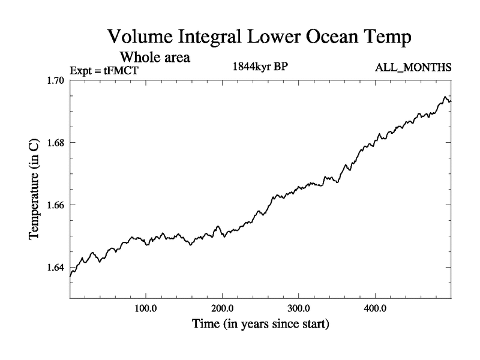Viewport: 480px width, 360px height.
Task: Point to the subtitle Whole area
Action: pyautogui.click(x=155, y=58)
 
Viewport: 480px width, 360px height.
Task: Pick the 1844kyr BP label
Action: pyautogui.click(x=260, y=67)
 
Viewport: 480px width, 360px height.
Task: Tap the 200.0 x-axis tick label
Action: pyautogui.click(x=223, y=310)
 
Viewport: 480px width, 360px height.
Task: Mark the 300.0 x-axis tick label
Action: pyautogui.click(x=299, y=310)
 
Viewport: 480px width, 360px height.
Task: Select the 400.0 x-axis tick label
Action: pyautogui.click(x=375, y=310)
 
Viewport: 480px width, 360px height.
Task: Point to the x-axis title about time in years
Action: pyautogui.click(x=260, y=325)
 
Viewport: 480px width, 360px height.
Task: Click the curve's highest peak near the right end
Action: pyautogui.click(x=445, y=97)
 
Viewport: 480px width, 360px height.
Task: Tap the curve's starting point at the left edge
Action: pyautogui.click(x=71, y=276)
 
